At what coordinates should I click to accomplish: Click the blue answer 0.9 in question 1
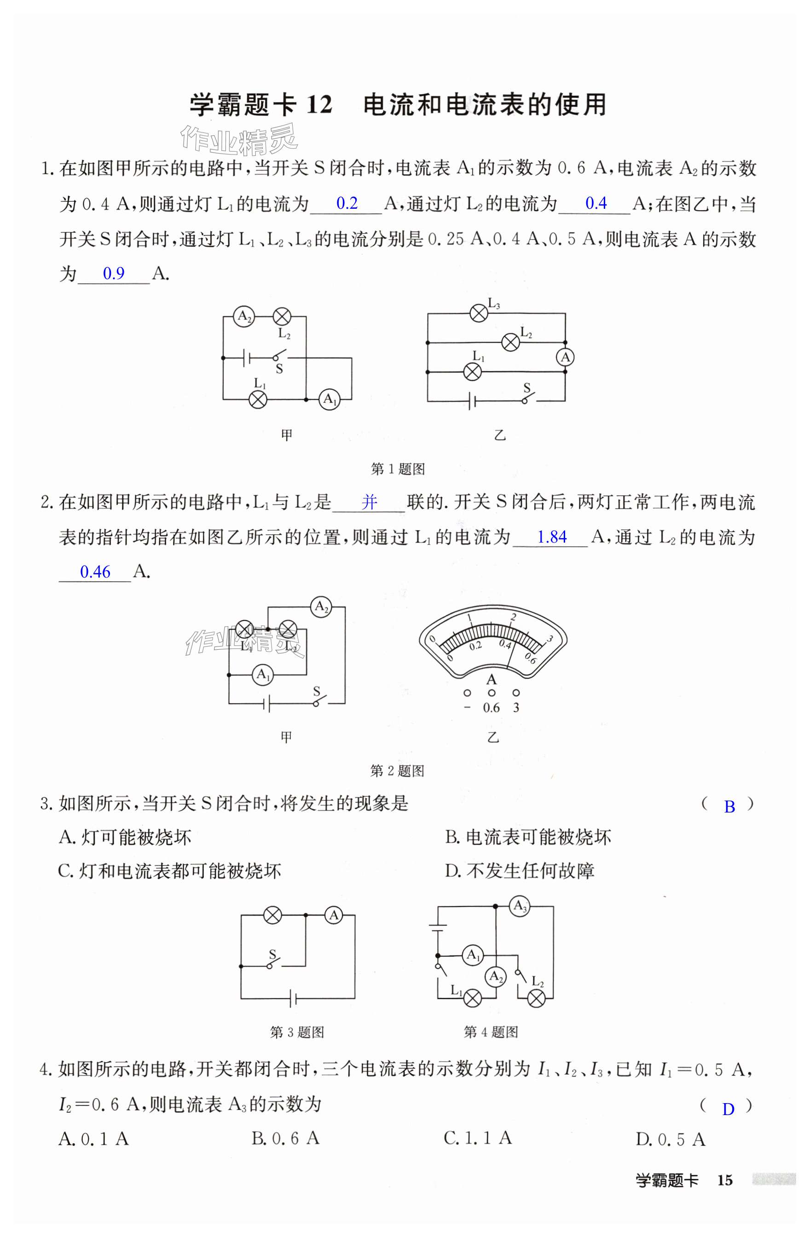click(x=113, y=273)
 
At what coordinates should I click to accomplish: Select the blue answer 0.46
click(x=95, y=572)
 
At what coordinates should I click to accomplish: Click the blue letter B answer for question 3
click(x=729, y=807)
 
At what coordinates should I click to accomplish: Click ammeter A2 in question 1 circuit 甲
click(x=243, y=316)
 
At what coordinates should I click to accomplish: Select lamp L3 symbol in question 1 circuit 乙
click(x=479, y=313)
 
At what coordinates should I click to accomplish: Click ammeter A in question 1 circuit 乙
click(x=565, y=357)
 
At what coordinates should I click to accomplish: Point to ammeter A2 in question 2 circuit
click(x=321, y=607)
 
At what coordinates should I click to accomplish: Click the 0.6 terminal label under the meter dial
click(x=491, y=708)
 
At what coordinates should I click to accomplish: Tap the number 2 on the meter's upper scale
click(x=514, y=618)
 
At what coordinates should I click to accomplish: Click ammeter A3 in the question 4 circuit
click(x=519, y=906)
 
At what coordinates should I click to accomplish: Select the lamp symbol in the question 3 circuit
click(x=273, y=915)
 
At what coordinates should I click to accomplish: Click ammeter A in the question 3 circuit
click(x=334, y=915)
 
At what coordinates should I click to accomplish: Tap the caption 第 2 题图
click(x=397, y=771)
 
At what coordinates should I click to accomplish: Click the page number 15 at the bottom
click(x=724, y=1180)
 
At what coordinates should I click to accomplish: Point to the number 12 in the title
click(x=318, y=105)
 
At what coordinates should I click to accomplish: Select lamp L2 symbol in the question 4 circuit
click(x=536, y=998)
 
